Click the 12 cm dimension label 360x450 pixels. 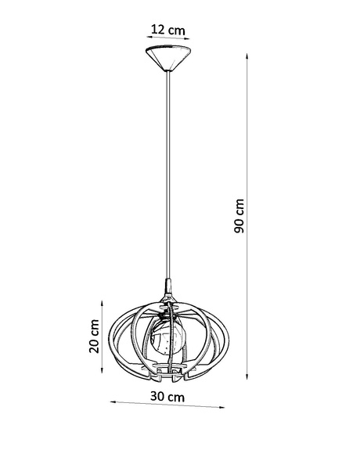[168, 30]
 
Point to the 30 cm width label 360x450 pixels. [168, 397]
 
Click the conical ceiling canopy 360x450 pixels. [168, 59]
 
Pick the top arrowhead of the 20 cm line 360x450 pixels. [105, 299]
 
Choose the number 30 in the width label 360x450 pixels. [160, 397]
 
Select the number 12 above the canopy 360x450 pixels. [159, 30]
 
